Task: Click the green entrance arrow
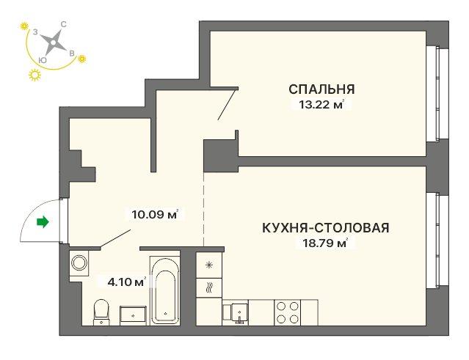pos(43,222)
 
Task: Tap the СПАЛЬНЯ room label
pos(321,89)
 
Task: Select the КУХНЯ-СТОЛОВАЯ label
pos(326,227)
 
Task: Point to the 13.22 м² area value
pos(321,105)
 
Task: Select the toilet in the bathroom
pos(101,312)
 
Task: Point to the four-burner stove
pos(288,312)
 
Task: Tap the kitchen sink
pos(236,313)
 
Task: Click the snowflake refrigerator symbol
pos(208,265)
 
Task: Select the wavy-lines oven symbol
pos(208,288)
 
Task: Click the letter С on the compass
pos(63,24)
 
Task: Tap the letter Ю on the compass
pos(43,60)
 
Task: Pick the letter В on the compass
pos(72,54)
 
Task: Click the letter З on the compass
pos(35,32)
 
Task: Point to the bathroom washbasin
pos(133,315)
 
